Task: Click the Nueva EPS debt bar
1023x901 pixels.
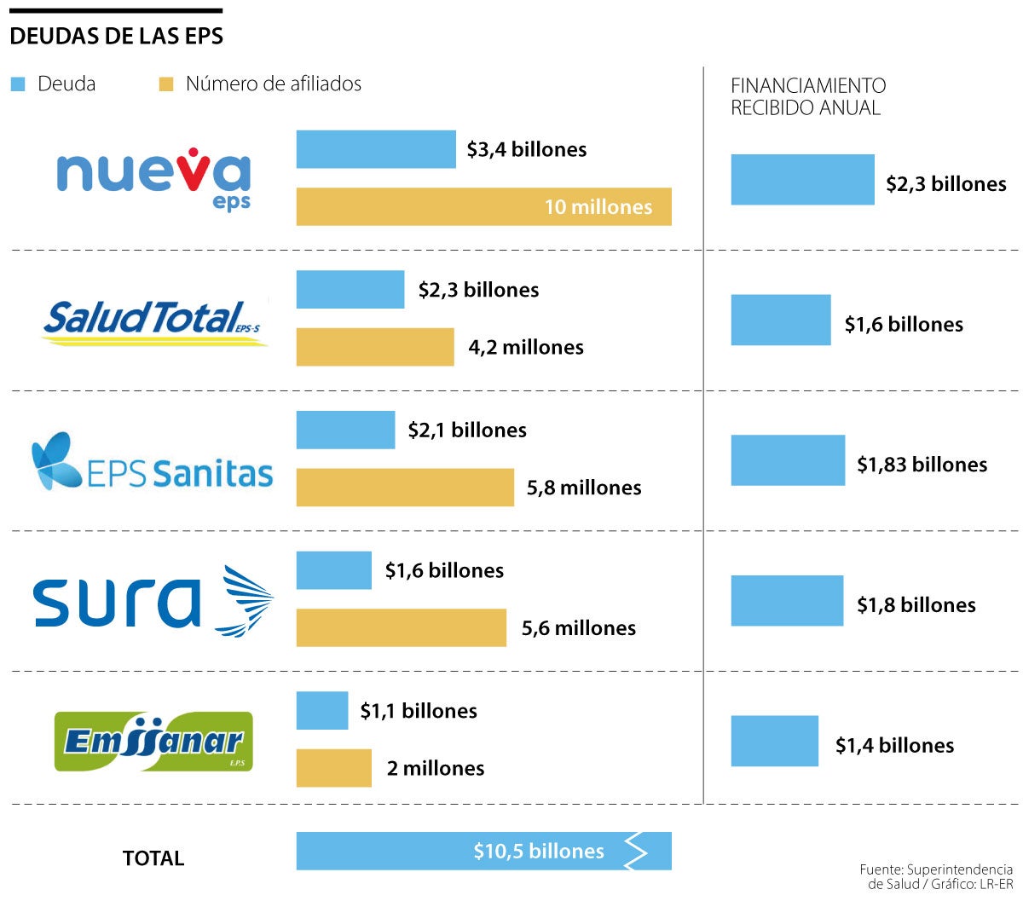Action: tap(376, 149)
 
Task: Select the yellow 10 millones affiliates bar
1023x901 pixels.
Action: tap(483, 206)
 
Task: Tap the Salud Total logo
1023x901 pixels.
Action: tap(154, 321)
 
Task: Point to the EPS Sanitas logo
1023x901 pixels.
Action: tap(152, 462)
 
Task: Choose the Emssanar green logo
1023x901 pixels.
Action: tap(153, 742)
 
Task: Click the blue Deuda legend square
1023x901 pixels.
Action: tap(18, 84)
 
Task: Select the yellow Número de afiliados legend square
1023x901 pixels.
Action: tap(166, 84)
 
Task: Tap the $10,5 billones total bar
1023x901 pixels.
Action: tap(483, 851)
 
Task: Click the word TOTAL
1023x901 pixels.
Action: tap(153, 858)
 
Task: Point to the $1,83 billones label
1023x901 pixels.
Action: tap(922, 465)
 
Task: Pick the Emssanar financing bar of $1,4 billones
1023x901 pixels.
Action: tap(774, 741)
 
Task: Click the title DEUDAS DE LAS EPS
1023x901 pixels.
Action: tap(117, 36)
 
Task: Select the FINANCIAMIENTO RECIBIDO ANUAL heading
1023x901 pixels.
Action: tap(807, 96)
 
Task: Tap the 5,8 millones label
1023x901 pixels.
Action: tap(584, 488)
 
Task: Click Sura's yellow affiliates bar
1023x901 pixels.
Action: tap(401, 627)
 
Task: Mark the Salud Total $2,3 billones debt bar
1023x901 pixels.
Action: tap(350, 290)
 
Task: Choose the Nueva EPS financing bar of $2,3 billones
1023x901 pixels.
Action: tap(802, 180)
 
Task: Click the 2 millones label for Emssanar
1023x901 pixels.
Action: tap(436, 768)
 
